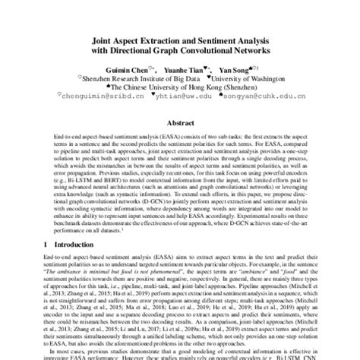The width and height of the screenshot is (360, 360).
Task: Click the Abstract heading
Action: click(179, 122)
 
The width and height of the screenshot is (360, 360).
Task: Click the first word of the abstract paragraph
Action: click(70, 135)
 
